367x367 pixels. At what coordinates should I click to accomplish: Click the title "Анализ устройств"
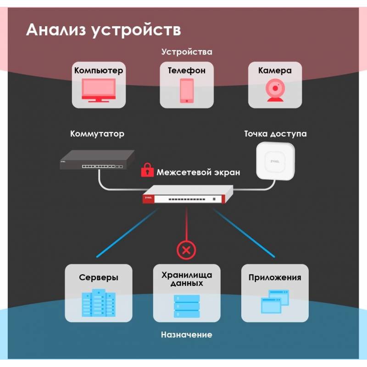tap(103, 30)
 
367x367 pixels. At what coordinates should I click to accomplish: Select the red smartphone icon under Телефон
tap(186, 91)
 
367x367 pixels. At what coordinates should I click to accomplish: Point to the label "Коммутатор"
tap(97, 134)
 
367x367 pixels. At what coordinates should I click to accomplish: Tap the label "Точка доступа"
tap(275, 134)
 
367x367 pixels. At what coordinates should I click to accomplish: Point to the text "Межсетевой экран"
tap(198, 172)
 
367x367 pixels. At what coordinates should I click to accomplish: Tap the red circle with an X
tap(186, 250)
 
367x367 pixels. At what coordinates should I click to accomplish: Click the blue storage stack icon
tap(187, 305)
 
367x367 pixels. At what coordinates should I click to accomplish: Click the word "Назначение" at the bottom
tap(186, 334)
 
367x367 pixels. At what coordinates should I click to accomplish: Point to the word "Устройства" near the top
tap(186, 51)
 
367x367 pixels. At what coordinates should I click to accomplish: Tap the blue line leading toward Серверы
tap(126, 232)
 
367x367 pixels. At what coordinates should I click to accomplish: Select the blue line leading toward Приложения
tap(245, 232)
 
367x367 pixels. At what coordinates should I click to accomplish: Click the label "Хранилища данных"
tap(187, 279)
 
